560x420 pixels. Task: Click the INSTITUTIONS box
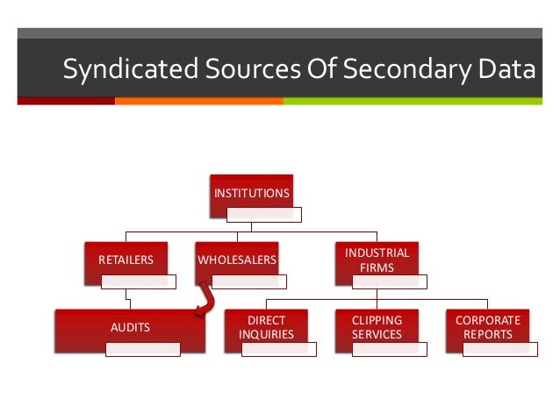pyautogui.click(x=251, y=193)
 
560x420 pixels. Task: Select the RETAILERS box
pyautogui.click(x=126, y=260)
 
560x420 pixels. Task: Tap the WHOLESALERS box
pyautogui.click(x=236, y=260)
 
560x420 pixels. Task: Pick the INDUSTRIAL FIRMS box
pyautogui.click(x=377, y=260)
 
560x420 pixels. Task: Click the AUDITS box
pyautogui.click(x=130, y=327)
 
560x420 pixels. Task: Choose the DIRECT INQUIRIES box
pyautogui.click(x=266, y=327)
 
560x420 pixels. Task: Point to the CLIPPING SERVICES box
pyautogui.click(x=377, y=327)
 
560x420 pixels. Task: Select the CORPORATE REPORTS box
pyautogui.click(x=487, y=327)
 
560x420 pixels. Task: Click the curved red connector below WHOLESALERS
pyautogui.click(x=206, y=301)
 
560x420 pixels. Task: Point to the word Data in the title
pyautogui.click(x=504, y=69)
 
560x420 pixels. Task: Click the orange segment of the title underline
pyautogui.click(x=198, y=101)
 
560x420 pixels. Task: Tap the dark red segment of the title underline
pyautogui.click(x=66, y=101)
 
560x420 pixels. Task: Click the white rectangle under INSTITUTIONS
pyautogui.click(x=263, y=214)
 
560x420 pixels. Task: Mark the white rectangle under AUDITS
pyautogui.click(x=142, y=349)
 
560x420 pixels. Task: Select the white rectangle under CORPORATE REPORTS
pyautogui.click(x=499, y=349)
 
